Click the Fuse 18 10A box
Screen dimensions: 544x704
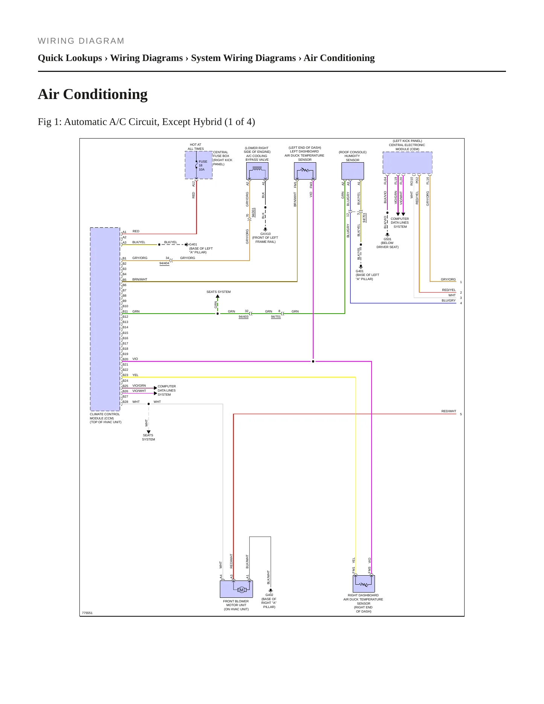tap(199, 165)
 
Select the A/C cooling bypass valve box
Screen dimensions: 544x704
tap(257, 171)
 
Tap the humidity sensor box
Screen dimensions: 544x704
tap(353, 171)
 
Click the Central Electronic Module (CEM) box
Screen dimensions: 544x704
tap(407, 163)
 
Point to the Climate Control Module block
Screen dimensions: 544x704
tap(105, 319)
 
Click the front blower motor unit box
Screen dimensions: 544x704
tap(236, 589)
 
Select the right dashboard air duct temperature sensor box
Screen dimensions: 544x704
tap(364, 584)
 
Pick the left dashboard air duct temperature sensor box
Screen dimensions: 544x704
tap(305, 171)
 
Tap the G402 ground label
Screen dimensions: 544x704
tap(269, 595)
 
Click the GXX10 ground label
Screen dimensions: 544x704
tap(265, 234)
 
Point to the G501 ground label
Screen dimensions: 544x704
tap(387, 239)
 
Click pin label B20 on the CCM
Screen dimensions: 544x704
tap(125, 359)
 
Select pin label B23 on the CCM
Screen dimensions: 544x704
tap(125, 375)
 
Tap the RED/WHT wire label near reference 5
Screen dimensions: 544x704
tap(449, 411)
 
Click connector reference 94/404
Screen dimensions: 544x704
tap(164, 263)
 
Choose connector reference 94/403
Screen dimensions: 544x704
tap(244, 317)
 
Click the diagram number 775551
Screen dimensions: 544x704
tap(87, 613)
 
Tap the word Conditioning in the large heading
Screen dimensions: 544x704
tap(105, 94)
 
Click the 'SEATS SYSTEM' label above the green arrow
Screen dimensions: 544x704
tap(218, 292)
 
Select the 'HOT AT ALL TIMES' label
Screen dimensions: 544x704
tap(196, 146)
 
